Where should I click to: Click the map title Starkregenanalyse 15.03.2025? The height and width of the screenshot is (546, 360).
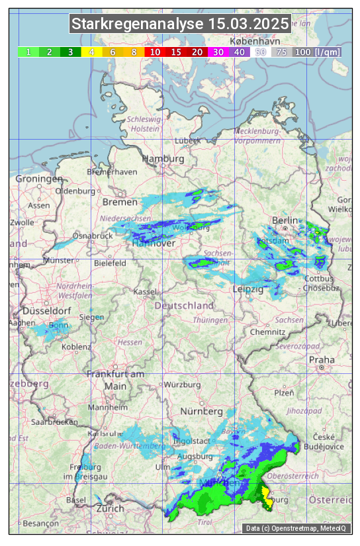click(x=180, y=24)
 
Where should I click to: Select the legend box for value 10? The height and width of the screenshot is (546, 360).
click(x=155, y=52)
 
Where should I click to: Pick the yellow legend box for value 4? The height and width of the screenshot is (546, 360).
click(x=91, y=52)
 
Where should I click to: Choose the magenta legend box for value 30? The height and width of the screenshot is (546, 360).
click(x=218, y=52)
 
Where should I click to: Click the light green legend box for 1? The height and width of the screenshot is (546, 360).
click(x=28, y=52)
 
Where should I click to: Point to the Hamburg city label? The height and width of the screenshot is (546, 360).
click(x=163, y=159)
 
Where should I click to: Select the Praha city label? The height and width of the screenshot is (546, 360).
click(x=321, y=359)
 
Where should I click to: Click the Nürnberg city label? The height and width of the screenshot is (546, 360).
click(x=202, y=412)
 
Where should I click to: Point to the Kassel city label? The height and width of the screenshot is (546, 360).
click(x=144, y=291)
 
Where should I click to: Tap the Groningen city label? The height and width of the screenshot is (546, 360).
click(x=39, y=179)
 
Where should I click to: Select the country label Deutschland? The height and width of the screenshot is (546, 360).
click(x=184, y=306)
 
